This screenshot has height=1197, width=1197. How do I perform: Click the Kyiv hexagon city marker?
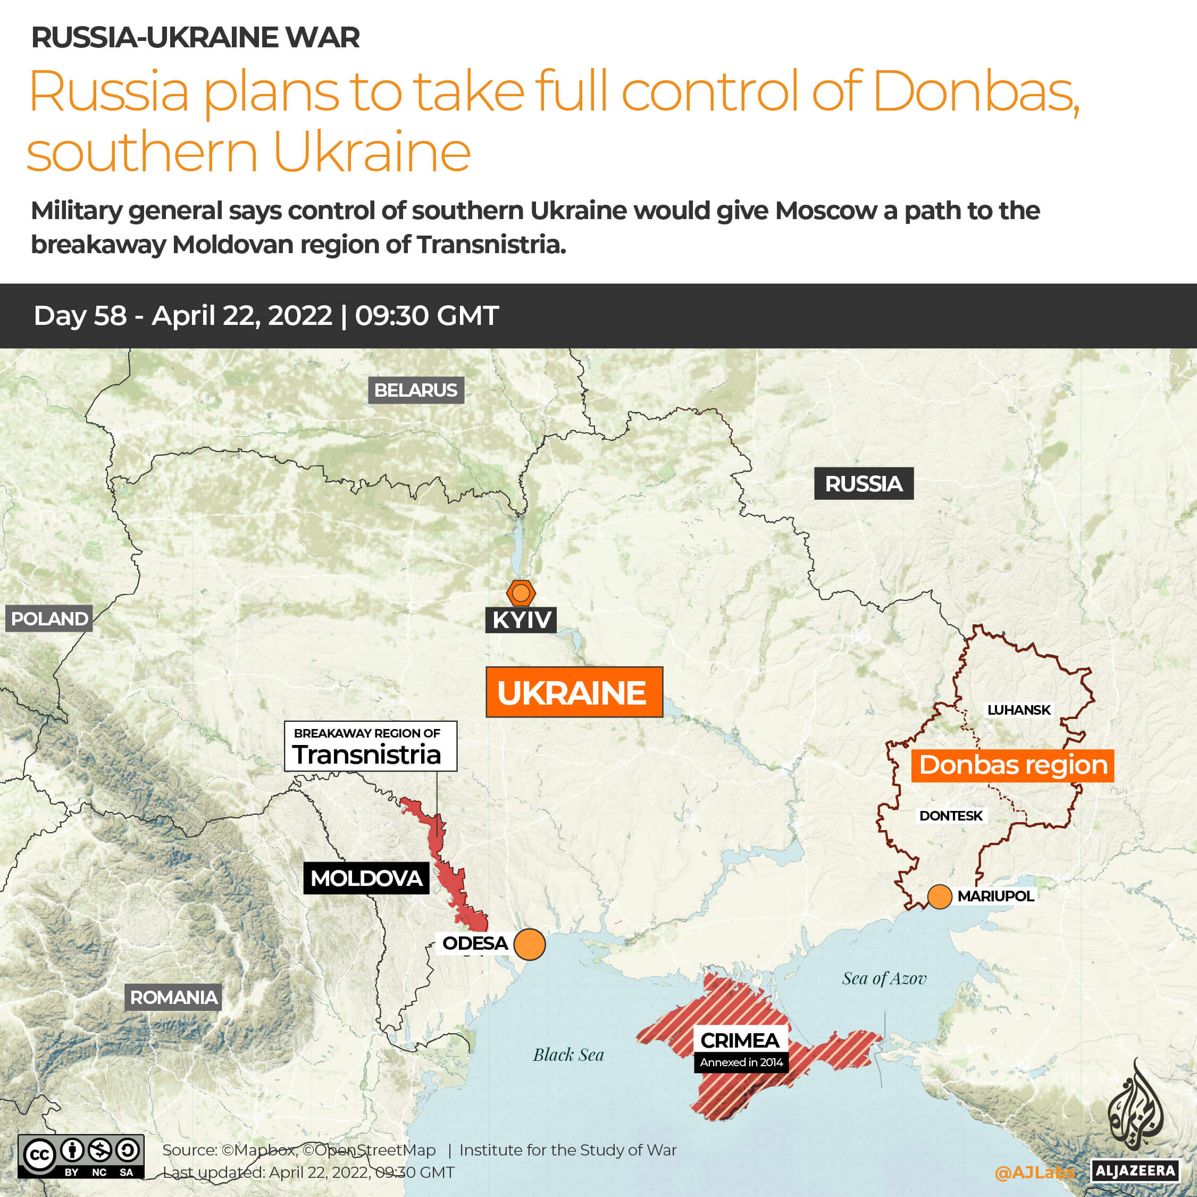(521, 593)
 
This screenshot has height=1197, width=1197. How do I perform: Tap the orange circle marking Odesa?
(530, 944)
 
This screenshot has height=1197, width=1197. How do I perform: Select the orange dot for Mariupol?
(939, 897)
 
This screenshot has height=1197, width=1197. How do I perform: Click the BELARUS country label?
(416, 390)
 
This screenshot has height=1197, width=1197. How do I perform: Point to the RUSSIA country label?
(863, 484)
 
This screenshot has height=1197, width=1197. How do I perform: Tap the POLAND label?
(49, 618)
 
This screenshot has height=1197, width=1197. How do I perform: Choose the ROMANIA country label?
(173, 998)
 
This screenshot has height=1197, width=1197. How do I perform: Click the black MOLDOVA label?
(366, 878)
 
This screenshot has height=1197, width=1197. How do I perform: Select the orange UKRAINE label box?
(574, 692)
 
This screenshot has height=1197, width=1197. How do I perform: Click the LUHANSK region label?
(1018, 710)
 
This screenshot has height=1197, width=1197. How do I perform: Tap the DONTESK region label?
(950, 816)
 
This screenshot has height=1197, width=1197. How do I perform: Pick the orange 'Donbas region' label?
(1013, 765)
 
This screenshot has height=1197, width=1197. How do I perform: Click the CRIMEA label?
(740, 1040)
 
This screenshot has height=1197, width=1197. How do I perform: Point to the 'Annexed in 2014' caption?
(741, 1062)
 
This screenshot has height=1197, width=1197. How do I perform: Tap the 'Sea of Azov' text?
(884, 979)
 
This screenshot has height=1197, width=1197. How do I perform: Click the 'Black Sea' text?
(568, 1055)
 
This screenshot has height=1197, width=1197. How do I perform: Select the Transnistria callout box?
(371, 746)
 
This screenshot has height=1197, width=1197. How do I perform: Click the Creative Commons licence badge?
(81, 1156)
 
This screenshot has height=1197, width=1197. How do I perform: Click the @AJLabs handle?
(1034, 1172)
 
